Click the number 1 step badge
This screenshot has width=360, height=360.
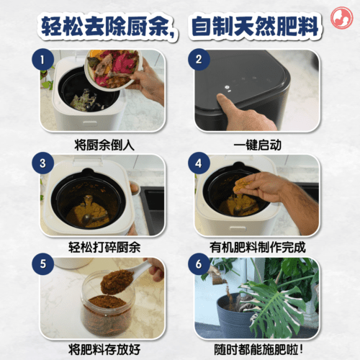(x=42, y=60)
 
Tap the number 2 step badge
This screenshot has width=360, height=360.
(x=199, y=60)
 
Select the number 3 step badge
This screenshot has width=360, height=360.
(x=42, y=163)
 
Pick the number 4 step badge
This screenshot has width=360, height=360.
(x=199, y=163)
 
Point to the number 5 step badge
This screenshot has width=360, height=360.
(x=42, y=264)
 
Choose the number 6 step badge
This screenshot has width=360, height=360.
(x=199, y=264)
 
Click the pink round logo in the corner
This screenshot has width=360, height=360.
(x=341, y=18)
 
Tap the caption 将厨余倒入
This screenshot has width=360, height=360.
(x=104, y=145)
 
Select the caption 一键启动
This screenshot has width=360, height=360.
(x=257, y=145)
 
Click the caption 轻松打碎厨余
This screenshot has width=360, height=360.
(x=104, y=247)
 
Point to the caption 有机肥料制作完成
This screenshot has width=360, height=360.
(x=257, y=247)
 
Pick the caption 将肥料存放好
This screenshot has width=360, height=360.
(x=104, y=349)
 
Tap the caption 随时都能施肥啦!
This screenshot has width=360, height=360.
(x=258, y=349)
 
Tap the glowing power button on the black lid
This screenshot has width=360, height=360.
(x=227, y=88)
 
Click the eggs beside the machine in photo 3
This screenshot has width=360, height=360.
(x=135, y=187)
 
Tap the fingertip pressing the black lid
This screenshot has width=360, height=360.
(x=221, y=97)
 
